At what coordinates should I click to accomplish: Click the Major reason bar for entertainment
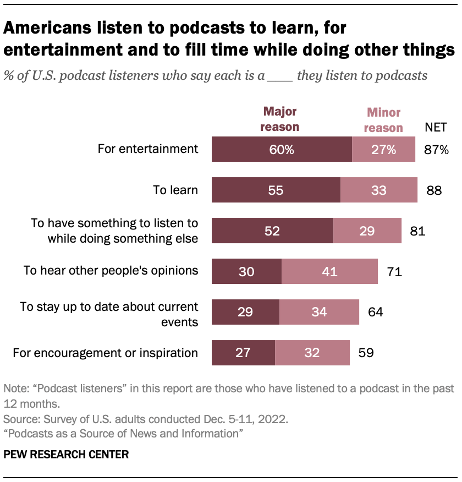282,149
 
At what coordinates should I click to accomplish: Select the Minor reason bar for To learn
378,190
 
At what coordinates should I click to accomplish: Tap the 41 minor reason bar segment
329,271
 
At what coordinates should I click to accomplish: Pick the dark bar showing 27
243,353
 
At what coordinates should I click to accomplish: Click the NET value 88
434,190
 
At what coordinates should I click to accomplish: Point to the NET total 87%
437,149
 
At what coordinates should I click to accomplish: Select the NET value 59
366,353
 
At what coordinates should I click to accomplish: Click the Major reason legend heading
280,119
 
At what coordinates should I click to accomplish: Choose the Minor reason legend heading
384,121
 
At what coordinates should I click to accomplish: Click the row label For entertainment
147,149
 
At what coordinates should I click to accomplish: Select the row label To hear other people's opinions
111,271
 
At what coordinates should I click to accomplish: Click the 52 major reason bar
272,231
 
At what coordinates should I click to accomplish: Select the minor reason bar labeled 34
319,312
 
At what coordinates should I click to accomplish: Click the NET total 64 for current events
375,312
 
